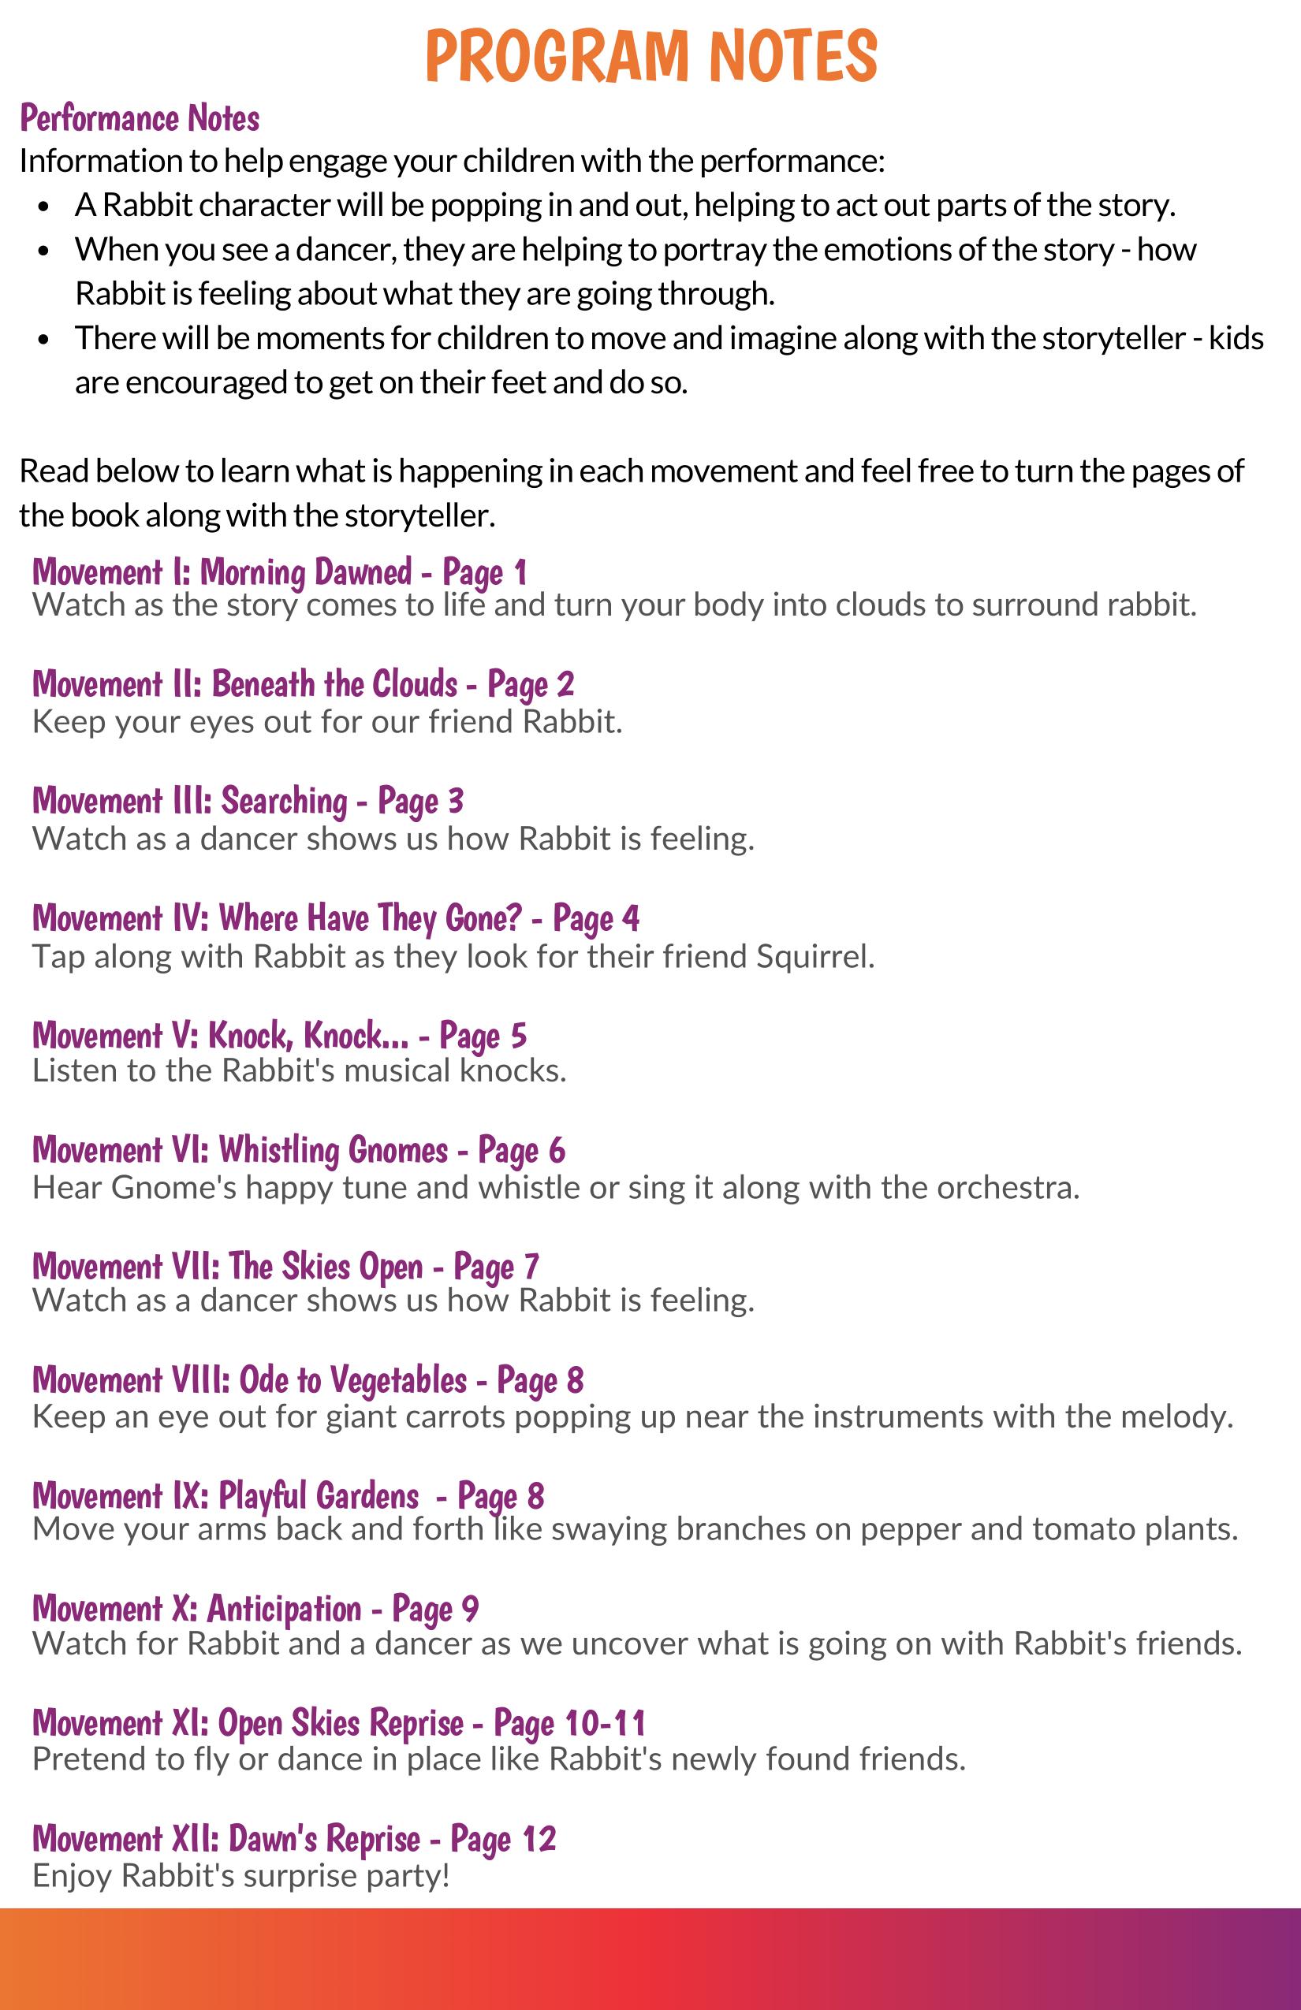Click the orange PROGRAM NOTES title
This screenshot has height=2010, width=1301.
650,56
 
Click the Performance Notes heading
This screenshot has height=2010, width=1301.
140,118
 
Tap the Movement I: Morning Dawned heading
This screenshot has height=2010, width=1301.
279,572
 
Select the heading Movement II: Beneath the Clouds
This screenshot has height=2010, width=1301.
303,684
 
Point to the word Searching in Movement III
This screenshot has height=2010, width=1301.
284,802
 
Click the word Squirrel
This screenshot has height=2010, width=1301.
814,957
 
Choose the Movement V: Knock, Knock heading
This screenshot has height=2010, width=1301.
279,1037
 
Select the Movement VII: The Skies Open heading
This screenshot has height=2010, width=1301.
285,1267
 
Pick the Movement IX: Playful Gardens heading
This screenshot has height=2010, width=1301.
287,1497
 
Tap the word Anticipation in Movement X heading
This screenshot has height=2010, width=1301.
284,1609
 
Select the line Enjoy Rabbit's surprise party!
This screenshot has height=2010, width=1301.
240,1876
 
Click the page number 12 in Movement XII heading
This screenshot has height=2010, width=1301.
539,1838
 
